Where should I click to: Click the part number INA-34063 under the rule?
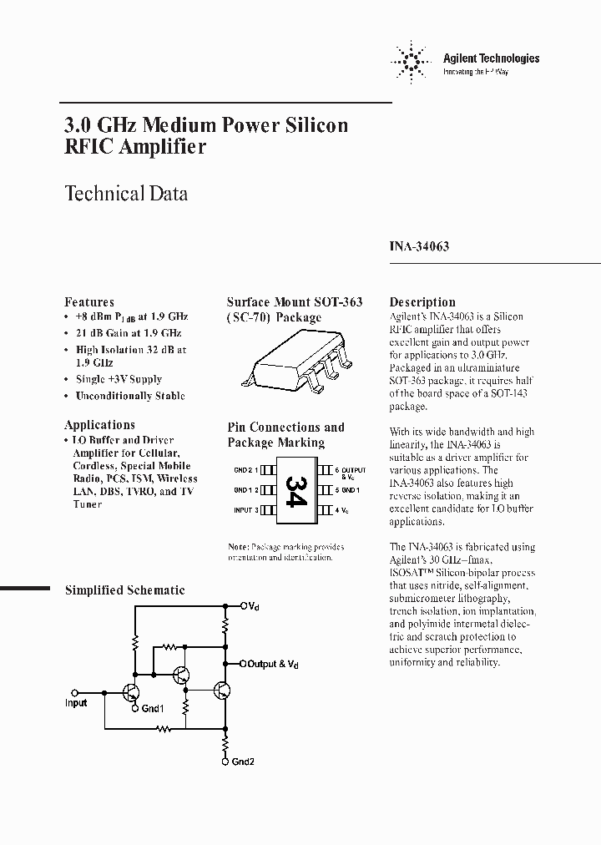coord(419,247)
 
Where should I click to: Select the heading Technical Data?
coord(126,194)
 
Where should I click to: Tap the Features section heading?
coord(89,301)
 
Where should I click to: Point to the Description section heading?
coord(422,301)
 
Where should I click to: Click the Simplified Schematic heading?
coord(125,590)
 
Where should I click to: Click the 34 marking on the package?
coord(295,488)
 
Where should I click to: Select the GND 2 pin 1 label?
coord(246,470)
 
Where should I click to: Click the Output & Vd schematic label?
coord(273,664)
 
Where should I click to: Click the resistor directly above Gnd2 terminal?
coord(225,741)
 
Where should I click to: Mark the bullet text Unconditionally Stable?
coord(130,396)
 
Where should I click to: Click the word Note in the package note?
coord(237,547)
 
